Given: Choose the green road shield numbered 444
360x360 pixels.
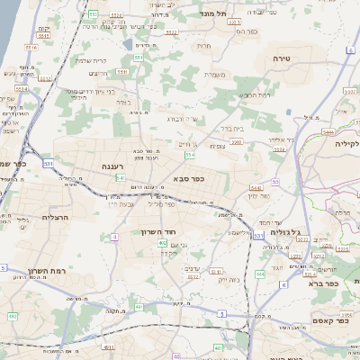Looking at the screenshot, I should coord(260,273).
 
